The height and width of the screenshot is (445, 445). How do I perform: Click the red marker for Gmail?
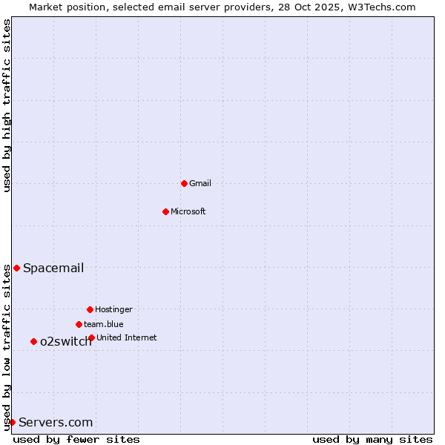pyautogui.click(x=184, y=183)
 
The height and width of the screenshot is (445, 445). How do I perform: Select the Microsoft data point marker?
pyautogui.click(x=165, y=211)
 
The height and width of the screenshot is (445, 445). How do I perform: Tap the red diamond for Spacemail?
pyautogui.click(x=16, y=268)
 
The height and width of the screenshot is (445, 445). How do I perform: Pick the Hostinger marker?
pyautogui.click(x=90, y=309)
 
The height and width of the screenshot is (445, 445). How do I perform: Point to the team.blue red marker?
pyautogui.click(x=79, y=324)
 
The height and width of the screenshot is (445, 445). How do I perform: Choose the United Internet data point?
pyautogui.click(x=91, y=337)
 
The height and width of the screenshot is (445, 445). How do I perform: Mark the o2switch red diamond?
pyautogui.click(x=33, y=341)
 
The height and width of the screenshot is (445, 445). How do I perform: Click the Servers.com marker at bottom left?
pyautogui.click(x=12, y=422)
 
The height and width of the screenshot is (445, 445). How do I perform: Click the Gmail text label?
pyautogui.click(x=200, y=183)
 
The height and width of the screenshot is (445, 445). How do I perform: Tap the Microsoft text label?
pyautogui.click(x=188, y=211)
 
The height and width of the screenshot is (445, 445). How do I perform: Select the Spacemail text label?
pyautogui.click(x=53, y=268)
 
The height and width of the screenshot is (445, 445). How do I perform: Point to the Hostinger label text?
pyautogui.click(x=113, y=309)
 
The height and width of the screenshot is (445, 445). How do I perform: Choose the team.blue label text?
pyautogui.click(x=104, y=324)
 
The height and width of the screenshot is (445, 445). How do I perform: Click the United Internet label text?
pyautogui.click(x=127, y=337)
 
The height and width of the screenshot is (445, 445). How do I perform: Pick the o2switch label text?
pyautogui.click(x=66, y=341)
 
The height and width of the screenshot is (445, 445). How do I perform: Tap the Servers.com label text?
pyautogui.click(x=56, y=422)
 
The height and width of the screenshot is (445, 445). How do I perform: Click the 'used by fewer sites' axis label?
pyautogui.click(x=76, y=439)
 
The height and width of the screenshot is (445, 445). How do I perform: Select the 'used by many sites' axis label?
pyautogui.click(x=372, y=439)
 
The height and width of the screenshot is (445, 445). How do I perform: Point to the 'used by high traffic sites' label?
pyautogui.click(x=7, y=105)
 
